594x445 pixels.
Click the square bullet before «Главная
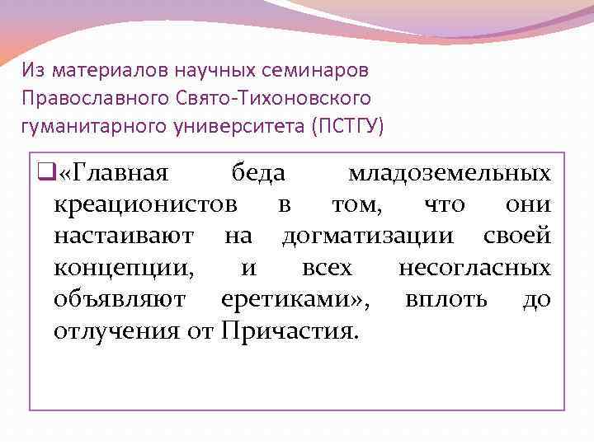tap(45, 174)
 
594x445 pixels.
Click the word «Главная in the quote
tap(114, 174)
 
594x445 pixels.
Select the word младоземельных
tap(450, 174)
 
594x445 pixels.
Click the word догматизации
tap(367, 237)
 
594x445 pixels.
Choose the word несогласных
tap(474, 268)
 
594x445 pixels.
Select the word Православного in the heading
tap(97, 98)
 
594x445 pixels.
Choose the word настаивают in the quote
tap(124, 237)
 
